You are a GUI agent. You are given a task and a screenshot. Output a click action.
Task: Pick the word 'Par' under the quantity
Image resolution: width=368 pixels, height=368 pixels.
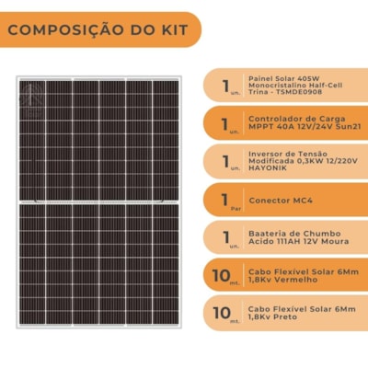[225, 207]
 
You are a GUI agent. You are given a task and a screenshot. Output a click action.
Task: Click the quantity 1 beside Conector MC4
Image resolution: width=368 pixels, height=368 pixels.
[225, 195]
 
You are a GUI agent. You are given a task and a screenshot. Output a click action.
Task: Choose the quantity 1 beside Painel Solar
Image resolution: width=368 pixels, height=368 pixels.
[225, 84]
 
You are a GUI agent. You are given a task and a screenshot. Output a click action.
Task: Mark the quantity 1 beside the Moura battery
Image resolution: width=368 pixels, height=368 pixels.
[225, 235]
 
